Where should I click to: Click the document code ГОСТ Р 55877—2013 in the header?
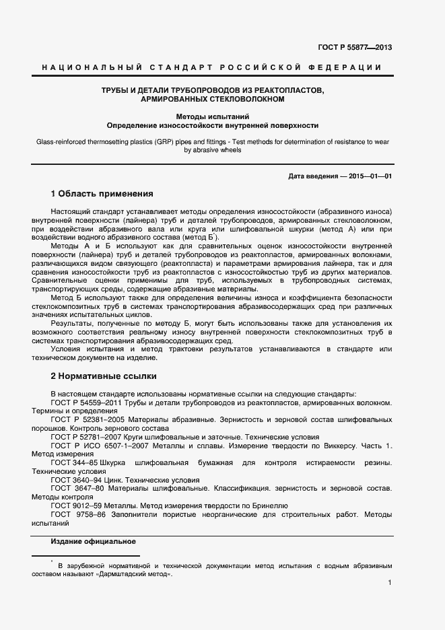point(354,47)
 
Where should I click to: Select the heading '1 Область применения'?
point(102,193)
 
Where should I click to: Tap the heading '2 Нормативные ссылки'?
point(104,376)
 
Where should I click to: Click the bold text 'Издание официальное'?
point(94,542)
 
